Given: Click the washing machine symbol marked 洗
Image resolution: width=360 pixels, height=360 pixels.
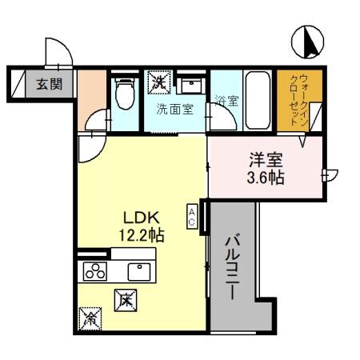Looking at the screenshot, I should click(x=159, y=81).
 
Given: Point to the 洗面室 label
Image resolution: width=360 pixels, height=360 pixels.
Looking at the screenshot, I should click(x=174, y=109).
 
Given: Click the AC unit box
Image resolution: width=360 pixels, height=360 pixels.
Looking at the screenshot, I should click(x=193, y=216).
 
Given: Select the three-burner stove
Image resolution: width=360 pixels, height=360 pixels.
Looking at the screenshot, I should click(x=95, y=272).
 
